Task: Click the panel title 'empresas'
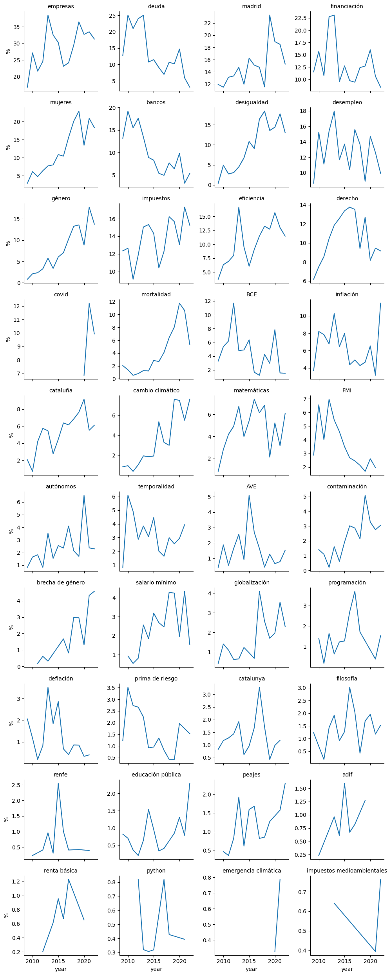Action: coord(61,6)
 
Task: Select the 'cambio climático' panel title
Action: coord(156,390)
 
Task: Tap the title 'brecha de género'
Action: coord(61,582)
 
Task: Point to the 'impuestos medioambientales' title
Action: coord(347,871)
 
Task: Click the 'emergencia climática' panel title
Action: coord(252,871)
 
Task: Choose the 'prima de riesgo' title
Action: coord(156,678)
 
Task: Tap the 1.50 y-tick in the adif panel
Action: coord(302,788)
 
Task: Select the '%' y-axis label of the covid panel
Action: coord(8,339)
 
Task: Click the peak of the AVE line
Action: coord(249,495)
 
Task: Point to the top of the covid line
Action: coord(89,303)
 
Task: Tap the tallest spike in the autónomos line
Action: coord(84,495)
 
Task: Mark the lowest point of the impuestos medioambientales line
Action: coord(375,951)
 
